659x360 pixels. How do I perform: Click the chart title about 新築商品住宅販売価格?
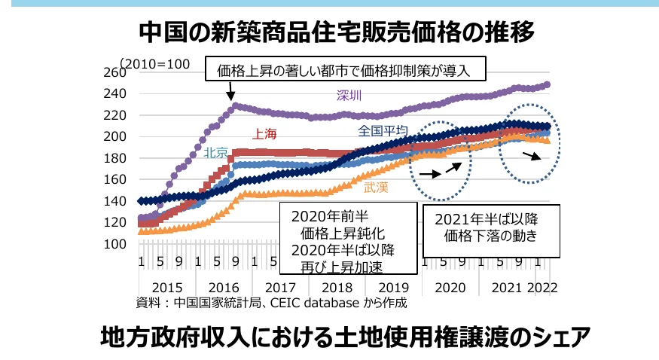[337, 32]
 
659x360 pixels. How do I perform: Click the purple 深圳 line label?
[349, 95]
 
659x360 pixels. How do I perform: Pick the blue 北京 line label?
[216, 153]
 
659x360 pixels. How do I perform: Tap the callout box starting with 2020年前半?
[348, 238]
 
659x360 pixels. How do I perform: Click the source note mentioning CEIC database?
[271, 304]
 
